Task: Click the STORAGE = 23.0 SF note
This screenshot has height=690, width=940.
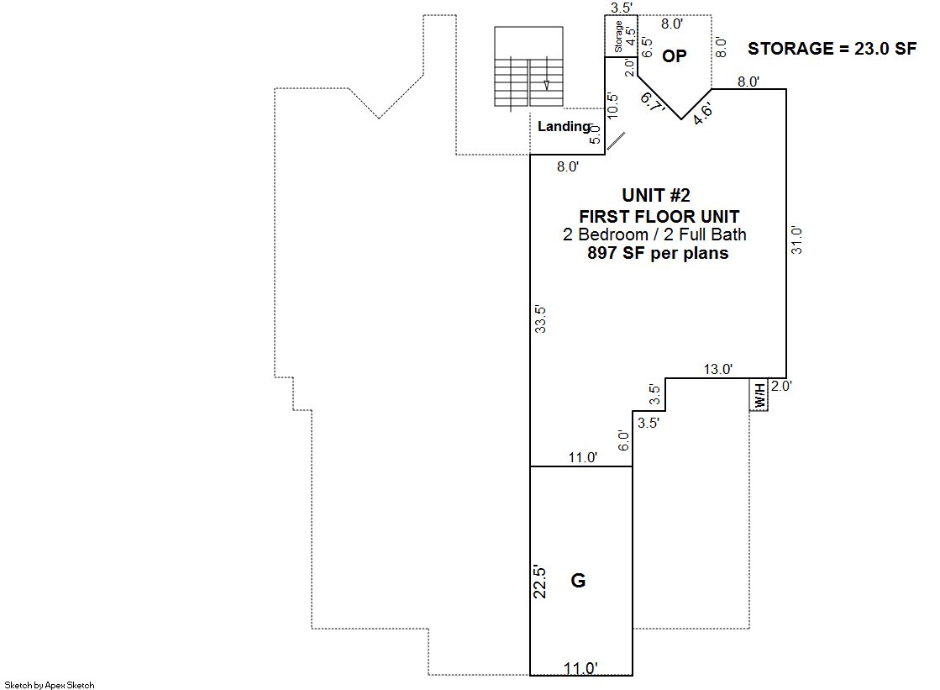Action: (832, 49)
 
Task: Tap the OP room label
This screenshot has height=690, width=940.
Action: (674, 55)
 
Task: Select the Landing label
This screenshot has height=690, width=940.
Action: (565, 127)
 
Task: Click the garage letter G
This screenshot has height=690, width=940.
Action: (578, 580)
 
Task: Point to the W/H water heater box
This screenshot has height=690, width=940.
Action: (759, 395)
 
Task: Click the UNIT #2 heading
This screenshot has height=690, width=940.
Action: (656, 195)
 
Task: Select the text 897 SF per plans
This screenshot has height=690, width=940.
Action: (658, 253)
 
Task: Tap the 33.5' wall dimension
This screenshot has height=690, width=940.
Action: (540, 319)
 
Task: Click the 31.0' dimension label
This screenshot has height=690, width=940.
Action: (796, 240)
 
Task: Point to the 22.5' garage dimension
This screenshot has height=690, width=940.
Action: (539, 582)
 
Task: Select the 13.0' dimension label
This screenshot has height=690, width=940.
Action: (717, 369)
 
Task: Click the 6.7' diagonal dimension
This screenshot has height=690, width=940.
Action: (652, 102)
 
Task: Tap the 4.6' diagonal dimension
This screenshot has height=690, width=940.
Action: (702, 113)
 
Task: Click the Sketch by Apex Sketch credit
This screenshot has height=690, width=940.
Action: (50, 685)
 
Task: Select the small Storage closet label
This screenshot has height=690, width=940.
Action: (618, 37)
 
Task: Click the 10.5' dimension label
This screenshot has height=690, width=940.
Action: (612, 106)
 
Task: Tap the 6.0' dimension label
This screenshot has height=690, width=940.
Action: (623, 441)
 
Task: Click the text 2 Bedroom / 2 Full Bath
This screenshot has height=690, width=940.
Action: (654, 234)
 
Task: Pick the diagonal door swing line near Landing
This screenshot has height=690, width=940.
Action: (616, 141)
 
